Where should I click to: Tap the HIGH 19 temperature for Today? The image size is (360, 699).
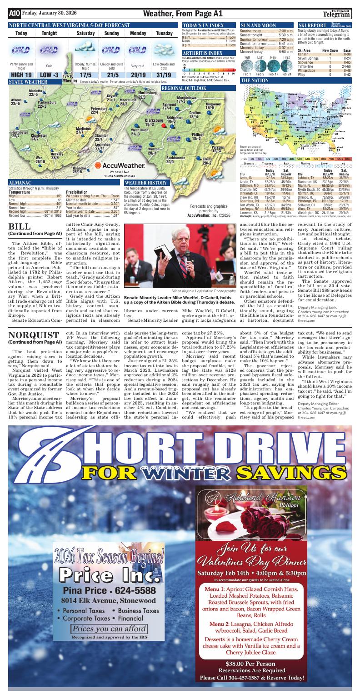[x=21, y=75]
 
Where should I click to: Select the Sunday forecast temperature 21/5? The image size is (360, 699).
[x=112, y=75]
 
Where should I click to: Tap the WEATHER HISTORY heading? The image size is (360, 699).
[x=144, y=183]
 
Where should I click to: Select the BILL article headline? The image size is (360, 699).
[x=20, y=226]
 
